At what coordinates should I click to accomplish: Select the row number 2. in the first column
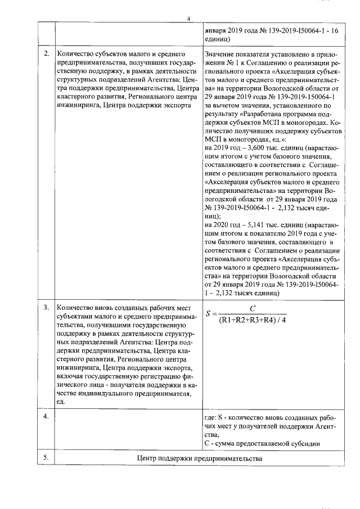[46, 53]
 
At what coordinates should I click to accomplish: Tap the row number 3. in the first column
[46, 308]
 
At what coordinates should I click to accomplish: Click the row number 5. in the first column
[46, 458]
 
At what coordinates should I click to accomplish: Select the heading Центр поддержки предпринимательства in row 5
[200, 458]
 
